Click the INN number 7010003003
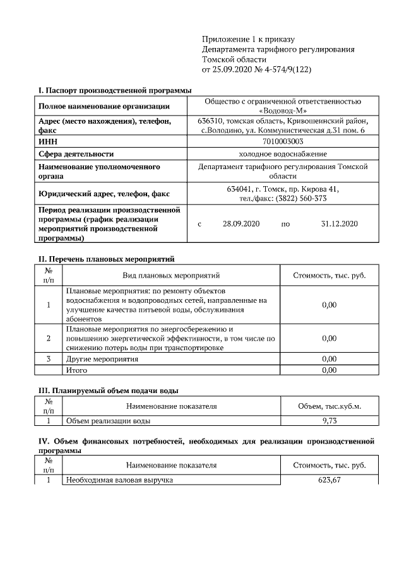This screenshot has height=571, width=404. pos(282,142)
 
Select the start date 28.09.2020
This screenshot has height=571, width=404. pos(241,223)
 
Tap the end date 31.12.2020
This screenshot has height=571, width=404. pos(339,223)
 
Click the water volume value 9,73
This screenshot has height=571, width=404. pos(330,420)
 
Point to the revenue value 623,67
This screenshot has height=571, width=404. pos(330,481)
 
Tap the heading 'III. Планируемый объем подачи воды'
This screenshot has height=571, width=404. pos(108,391)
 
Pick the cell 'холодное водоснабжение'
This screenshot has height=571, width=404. pos(282,153)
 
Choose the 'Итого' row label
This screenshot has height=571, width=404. pos(76,370)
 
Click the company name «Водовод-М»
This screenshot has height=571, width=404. pos(282,110)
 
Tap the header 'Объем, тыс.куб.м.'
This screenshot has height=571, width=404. pos(330,406)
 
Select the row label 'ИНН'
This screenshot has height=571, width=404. pos(49,142)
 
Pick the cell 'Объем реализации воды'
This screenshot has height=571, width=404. pos(108,420)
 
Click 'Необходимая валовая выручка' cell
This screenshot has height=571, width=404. pos(119,481)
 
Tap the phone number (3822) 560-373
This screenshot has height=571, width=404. pos(300,198)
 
